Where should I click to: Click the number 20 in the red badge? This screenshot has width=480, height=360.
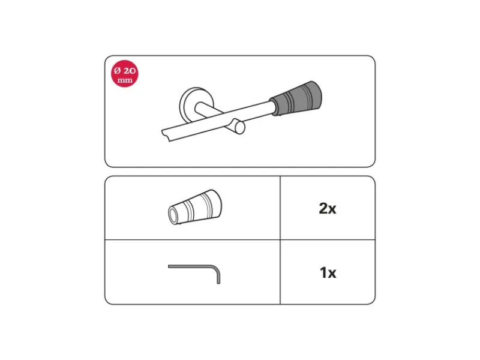130,71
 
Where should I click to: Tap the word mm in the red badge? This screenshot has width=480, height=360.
125,80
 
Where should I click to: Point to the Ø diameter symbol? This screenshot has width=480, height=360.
118,71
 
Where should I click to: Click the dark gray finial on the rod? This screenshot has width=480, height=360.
295,98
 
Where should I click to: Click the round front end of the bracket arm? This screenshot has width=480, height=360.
241,128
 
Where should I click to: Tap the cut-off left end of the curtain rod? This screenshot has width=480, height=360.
166,136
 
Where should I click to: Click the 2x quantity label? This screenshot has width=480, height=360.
327,208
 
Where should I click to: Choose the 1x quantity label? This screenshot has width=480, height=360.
328,272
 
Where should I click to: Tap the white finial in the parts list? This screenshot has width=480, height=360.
195,207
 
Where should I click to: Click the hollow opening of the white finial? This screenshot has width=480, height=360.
173,215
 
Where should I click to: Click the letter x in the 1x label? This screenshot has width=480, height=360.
332,274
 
